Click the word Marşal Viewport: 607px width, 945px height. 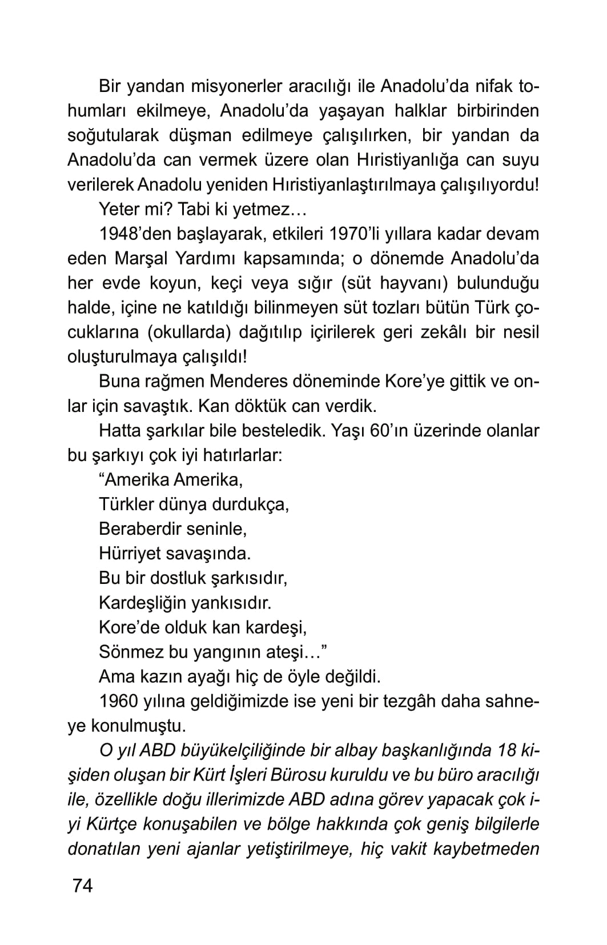point(141,259)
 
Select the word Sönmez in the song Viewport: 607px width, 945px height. point(130,652)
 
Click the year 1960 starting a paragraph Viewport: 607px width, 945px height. point(120,701)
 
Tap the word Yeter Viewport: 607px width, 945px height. point(118,210)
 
